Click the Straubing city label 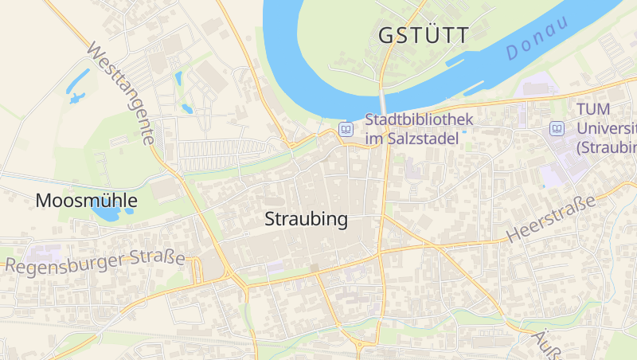point(307,220)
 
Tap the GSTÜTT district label point(423,34)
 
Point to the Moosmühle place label point(86,201)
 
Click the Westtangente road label point(120,93)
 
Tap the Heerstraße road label point(552,220)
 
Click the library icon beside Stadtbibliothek point(346,128)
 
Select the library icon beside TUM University point(557,128)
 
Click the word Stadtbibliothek point(419,120)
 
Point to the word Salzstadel point(426,139)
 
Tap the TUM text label point(594,112)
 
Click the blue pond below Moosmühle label point(106,213)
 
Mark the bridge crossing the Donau point(383,102)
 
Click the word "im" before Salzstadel point(374,139)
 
